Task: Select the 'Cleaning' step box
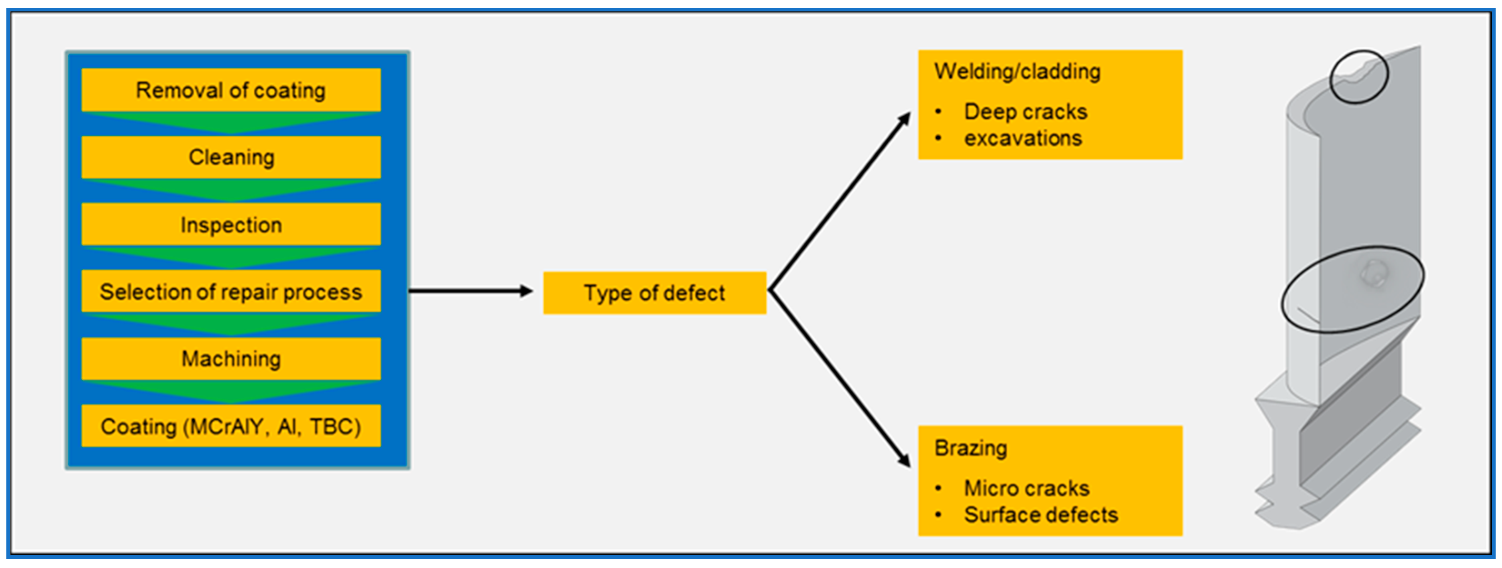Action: coord(231,157)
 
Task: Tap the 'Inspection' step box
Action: coord(231,225)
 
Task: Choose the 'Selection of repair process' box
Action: coord(231,291)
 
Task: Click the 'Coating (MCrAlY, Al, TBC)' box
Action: coord(231,426)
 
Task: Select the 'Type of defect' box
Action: coord(654,293)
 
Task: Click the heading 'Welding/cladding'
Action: coord(1017,71)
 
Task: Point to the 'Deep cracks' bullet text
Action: coord(1025,111)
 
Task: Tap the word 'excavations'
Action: coord(1023,138)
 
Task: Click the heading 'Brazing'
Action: coord(970,448)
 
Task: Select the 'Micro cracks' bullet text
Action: coord(1026,488)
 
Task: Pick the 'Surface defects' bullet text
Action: coord(1041,515)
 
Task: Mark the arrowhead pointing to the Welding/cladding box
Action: coord(904,119)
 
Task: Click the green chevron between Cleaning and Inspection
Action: coord(231,190)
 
